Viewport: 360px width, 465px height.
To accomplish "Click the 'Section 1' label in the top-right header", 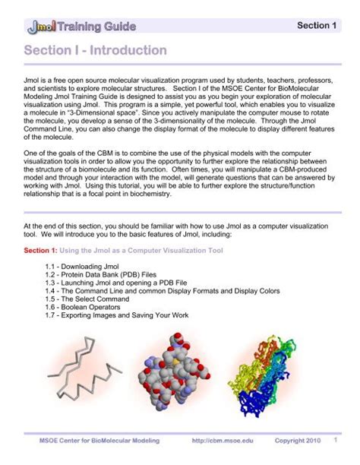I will click(x=317, y=26).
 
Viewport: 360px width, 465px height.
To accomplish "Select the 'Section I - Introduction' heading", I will click(x=95, y=51).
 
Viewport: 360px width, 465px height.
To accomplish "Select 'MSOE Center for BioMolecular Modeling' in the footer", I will click(x=91, y=441).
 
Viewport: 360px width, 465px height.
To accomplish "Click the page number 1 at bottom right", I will click(x=335, y=441).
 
